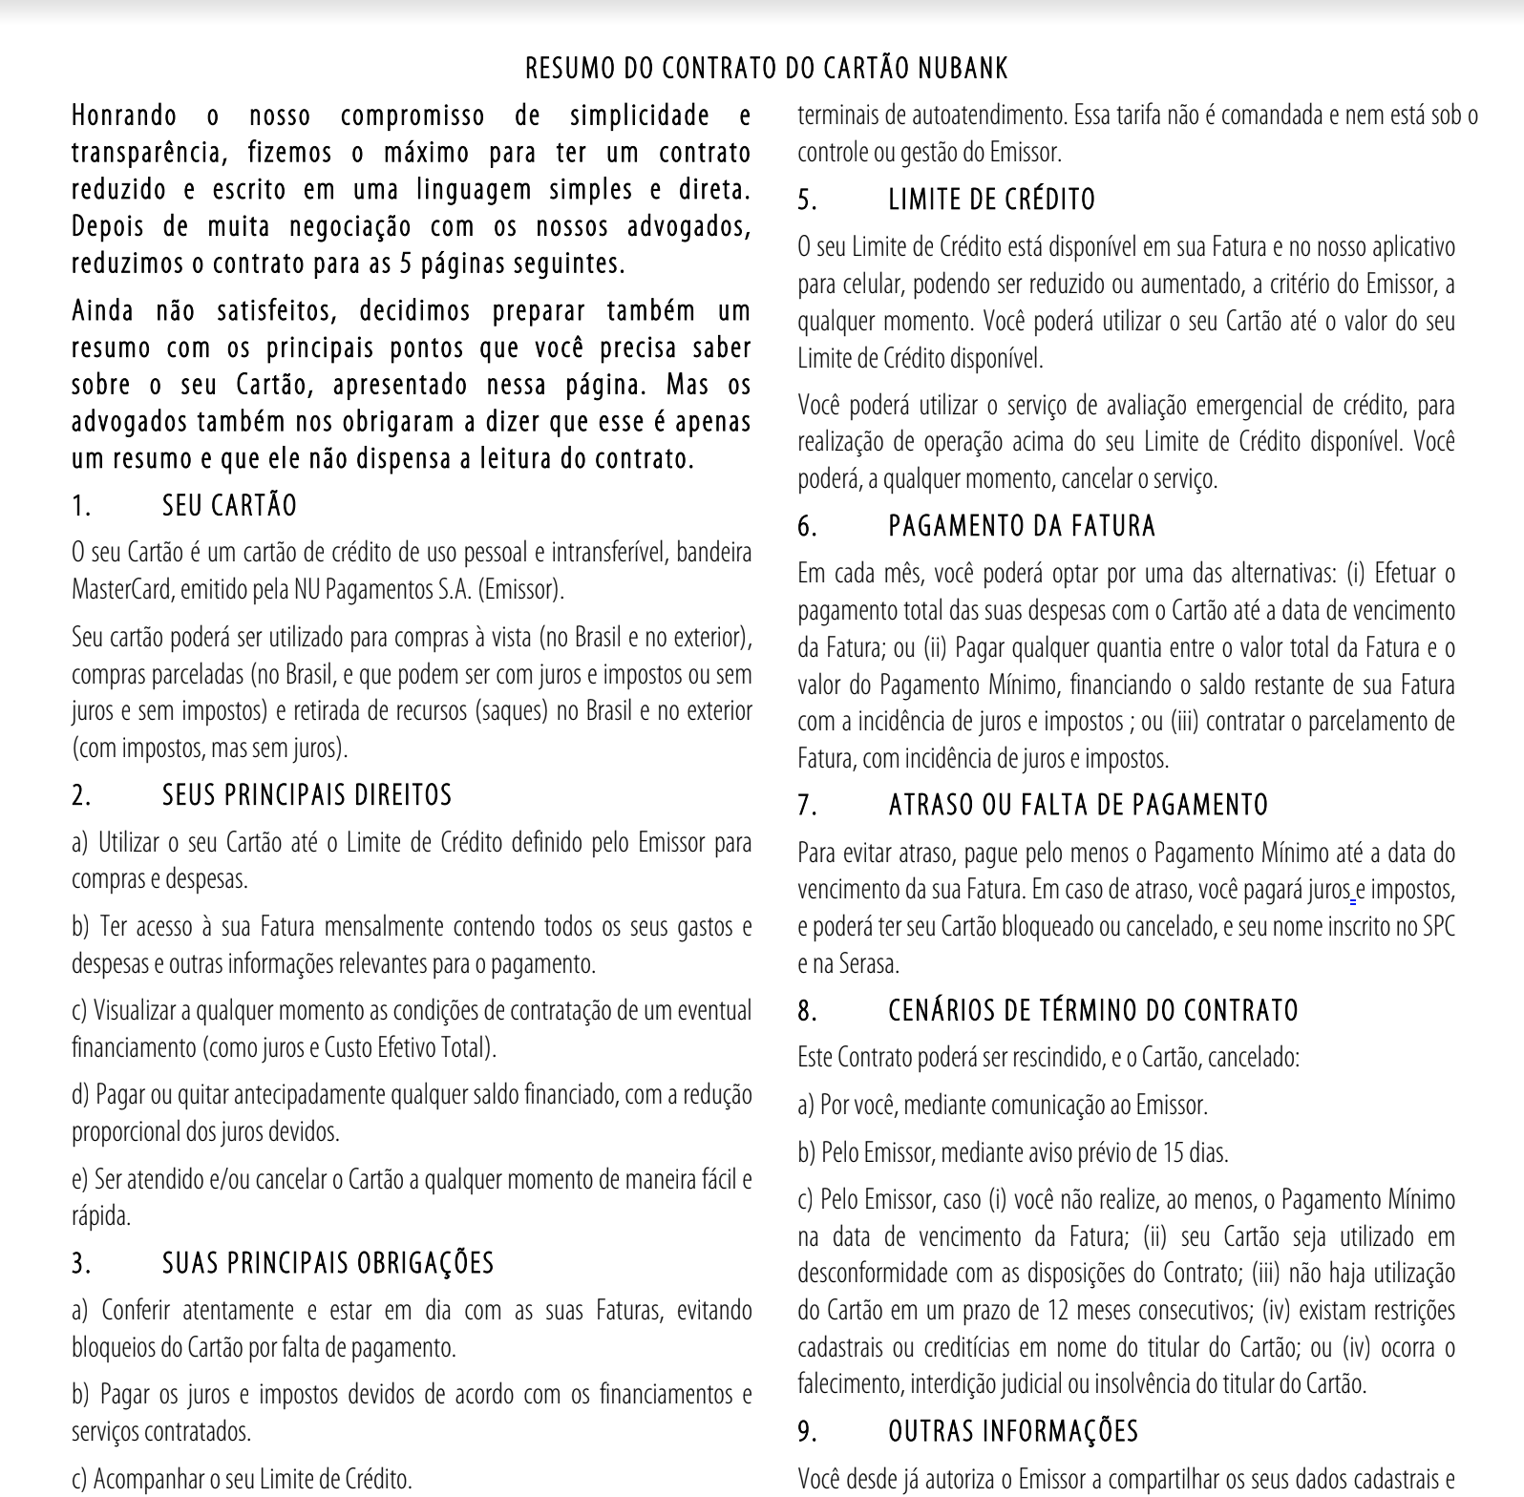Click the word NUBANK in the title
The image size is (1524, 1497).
click(962, 69)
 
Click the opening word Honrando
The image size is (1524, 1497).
click(124, 116)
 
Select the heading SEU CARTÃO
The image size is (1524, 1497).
click(229, 505)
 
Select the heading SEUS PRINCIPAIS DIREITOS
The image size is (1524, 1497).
click(307, 795)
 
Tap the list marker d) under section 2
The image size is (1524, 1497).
click(80, 1095)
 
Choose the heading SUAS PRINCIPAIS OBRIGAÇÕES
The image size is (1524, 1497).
click(328, 1263)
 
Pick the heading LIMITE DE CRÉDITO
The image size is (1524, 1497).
click(991, 200)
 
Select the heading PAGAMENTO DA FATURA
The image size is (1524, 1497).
click(1022, 526)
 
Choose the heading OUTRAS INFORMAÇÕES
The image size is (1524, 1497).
click(1013, 1431)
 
